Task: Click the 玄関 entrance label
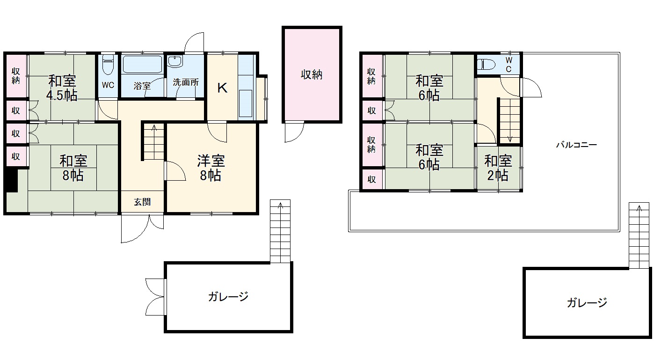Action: (142, 202)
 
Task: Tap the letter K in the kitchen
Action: (222, 88)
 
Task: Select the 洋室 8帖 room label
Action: (211, 168)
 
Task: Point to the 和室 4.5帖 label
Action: (62, 88)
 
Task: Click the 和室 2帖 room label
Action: (498, 168)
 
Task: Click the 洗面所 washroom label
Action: (186, 82)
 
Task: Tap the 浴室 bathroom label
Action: (142, 86)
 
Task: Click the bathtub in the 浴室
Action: (142, 64)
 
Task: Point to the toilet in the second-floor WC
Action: (486, 64)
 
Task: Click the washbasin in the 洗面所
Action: (174, 61)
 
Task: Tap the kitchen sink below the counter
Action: (245, 103)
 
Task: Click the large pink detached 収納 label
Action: (312, 75)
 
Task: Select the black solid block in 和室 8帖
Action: (12, 180)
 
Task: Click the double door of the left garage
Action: (156, 297)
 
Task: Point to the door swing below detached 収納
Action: (294, 132)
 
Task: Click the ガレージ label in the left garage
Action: (228, 297)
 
